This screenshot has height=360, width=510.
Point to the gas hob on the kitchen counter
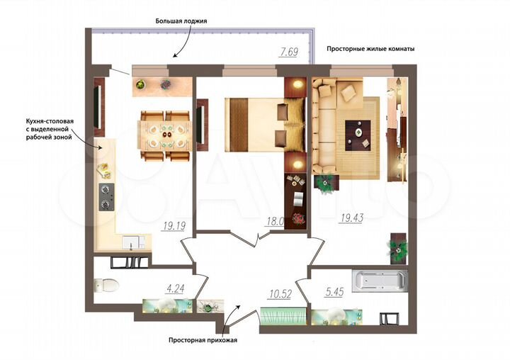[x=106, y=198]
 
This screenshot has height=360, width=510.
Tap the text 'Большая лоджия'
[x=181, y=21]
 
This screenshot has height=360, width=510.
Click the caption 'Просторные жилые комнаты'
[x=370, y=49]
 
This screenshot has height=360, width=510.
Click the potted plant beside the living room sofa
[x=324, y=181]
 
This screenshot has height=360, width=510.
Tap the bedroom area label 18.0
[x=275, y=221]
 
